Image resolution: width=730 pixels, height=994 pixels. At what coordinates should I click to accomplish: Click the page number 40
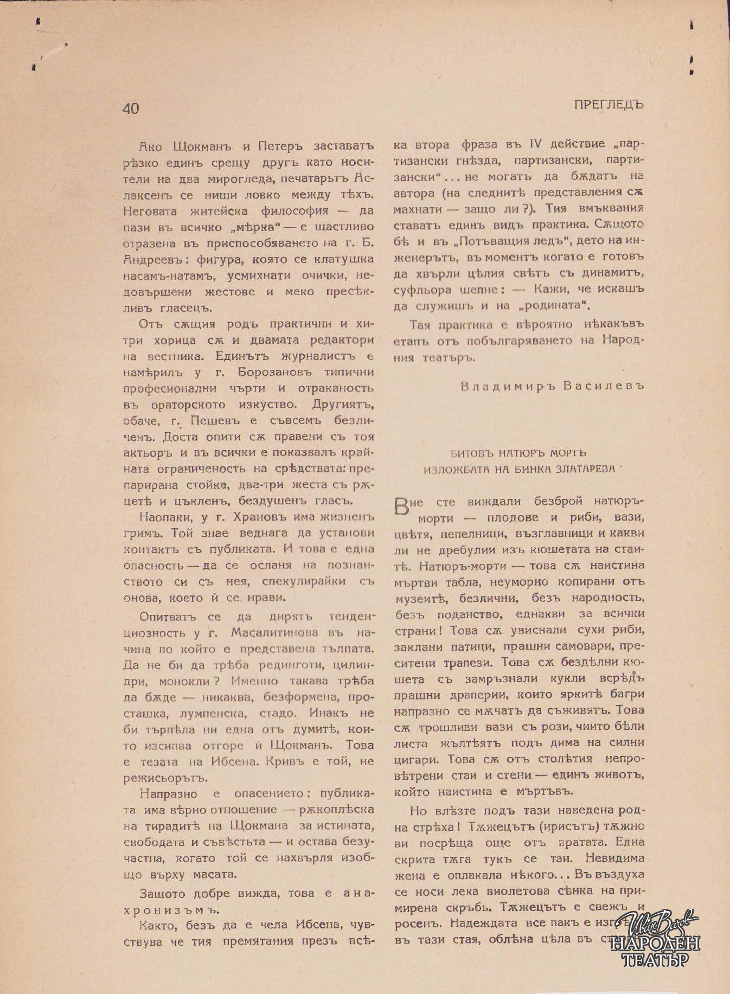[x=131, y=108]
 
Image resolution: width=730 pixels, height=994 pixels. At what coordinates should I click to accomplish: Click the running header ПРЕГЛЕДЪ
[x=609, y=105]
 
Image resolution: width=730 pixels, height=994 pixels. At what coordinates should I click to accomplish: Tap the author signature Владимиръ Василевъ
[x=552, y=386]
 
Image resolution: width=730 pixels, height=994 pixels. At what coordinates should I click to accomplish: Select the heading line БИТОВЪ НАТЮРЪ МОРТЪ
[x=518, y=453]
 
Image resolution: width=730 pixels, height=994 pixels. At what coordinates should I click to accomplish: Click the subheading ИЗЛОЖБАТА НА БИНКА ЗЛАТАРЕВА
[x=520, y=469]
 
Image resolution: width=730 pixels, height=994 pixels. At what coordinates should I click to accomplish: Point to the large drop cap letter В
[x=402, y=506]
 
